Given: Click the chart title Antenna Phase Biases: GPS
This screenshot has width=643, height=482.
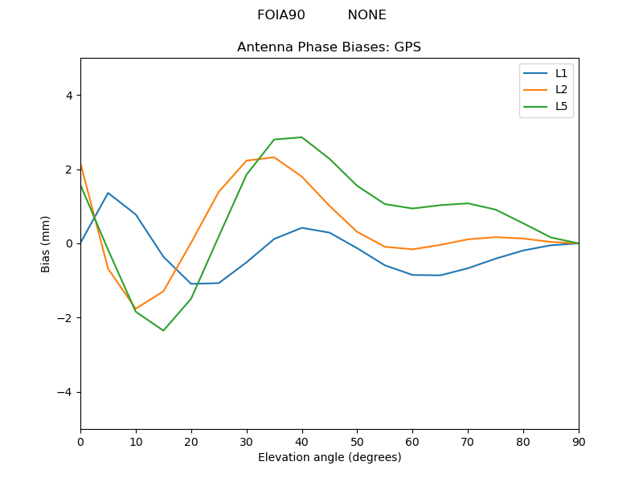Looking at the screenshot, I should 329,47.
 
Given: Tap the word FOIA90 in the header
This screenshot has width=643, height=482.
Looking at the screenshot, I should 281,15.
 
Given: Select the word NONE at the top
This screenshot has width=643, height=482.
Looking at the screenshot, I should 367,15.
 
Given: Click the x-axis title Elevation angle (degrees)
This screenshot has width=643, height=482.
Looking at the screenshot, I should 329,458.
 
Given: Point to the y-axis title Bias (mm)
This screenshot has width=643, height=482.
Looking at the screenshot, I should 46,243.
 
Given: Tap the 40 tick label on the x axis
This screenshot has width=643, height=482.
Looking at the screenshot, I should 301,441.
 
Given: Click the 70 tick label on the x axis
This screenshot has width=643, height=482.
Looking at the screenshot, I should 468,441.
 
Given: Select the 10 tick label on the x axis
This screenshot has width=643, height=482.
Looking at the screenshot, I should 136,441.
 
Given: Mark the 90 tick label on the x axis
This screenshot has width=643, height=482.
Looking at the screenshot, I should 578,441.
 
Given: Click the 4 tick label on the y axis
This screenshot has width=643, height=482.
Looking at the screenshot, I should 68,96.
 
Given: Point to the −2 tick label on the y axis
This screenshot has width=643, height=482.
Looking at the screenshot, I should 65,318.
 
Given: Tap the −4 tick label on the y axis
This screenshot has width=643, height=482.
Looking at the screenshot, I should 65,392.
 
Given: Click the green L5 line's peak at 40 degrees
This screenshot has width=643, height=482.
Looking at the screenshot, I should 301,137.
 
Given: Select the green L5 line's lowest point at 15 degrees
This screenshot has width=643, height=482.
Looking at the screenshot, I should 163,330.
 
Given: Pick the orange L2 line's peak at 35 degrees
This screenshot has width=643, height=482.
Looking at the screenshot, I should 274,157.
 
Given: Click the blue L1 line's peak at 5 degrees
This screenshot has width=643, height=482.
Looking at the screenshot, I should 108,193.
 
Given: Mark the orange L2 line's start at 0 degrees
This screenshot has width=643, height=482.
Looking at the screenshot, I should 81,165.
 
